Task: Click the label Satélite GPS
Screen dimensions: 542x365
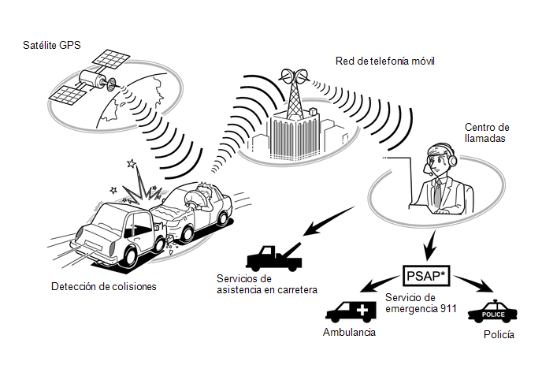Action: (x=52, y=45)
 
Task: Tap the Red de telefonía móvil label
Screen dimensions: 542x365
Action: (x=384, y=61)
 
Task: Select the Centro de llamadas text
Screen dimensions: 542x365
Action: (x=487, y=133)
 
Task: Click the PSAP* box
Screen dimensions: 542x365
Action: (x=427, y=276)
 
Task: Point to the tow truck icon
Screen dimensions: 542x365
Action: (x=273, y=258)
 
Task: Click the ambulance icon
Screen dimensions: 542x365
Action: (x=351, y=311)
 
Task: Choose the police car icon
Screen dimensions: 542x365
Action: (x=492, y=311)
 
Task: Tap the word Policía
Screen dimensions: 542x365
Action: (x=499, y=334)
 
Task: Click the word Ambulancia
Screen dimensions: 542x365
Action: (x=349, y=332)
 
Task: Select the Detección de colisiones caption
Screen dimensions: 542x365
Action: (x=104, y=286)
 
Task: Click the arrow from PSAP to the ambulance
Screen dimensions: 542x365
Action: (x=379, y=284)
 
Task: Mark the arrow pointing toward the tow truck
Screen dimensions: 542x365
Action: (x=329, y=221)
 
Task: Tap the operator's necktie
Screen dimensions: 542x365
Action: (x=438, y=193)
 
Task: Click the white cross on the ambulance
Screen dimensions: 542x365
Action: (x=362, y=310)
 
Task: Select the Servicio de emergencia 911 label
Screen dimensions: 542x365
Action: (x=421, y=303)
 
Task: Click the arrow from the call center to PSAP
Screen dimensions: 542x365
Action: (x=431, y=246)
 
